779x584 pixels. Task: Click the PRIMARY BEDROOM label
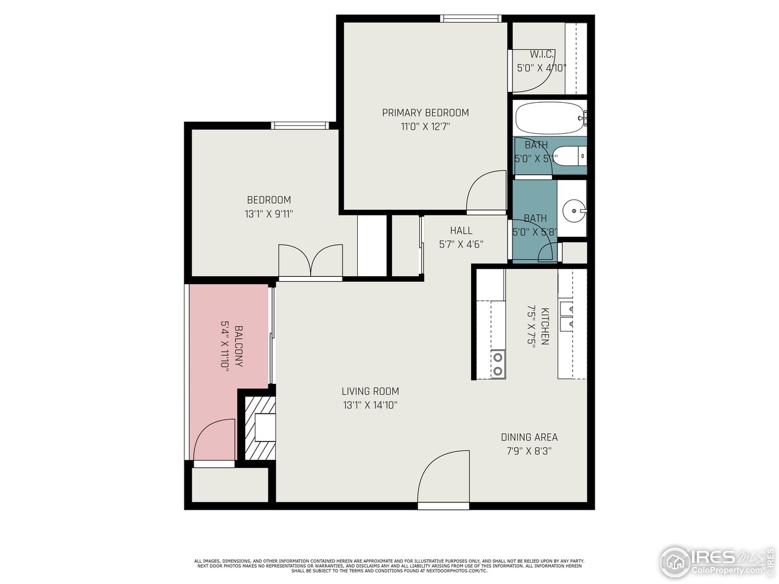tap(425, 113)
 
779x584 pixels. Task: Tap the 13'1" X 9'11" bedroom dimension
tap(268, 214)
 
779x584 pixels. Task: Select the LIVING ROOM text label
tap(370, 391)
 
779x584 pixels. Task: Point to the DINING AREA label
tap(529, 437)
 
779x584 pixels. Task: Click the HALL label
tap(461, 231)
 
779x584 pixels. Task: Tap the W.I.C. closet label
tap(541, 55)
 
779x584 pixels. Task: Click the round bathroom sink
tap(573, 212)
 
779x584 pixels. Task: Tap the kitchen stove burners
tap(498, 363)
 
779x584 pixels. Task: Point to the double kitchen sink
tap(567, 315)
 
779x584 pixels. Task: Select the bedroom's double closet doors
tap(310, 261)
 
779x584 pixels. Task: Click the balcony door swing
tap(214, 441)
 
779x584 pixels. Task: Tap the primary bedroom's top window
tap(470, 19)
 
